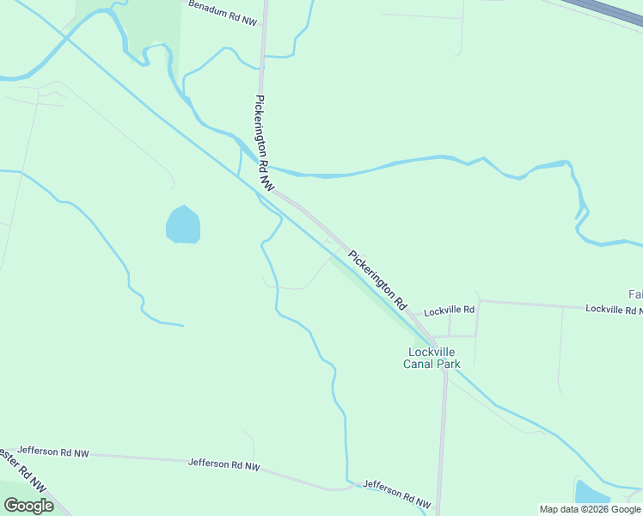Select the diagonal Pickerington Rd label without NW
point(377,279)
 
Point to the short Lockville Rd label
point(449,310)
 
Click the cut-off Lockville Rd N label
point(613,309)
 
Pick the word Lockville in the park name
point(432,352)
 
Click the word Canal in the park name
point(420,364)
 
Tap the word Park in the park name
point(449,364)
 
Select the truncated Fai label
point(634,293)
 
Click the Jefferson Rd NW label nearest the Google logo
point(53,451)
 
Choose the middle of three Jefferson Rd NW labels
point(224,464)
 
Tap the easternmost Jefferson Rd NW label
point(398,493)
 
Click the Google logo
point(28,506)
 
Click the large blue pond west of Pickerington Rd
point(182,225)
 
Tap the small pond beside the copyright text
point(590,492)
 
